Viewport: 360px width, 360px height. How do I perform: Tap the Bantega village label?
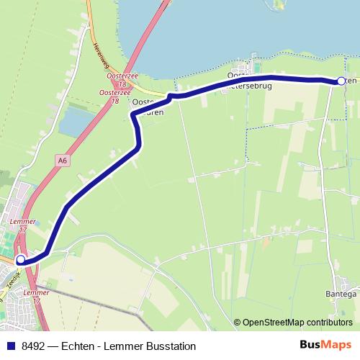tap(342, 294)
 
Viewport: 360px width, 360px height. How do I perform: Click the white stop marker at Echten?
tap(341, 81)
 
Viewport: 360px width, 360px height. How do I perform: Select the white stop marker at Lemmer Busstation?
tap(21, 259)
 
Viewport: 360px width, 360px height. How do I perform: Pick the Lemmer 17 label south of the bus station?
tap(37, 297)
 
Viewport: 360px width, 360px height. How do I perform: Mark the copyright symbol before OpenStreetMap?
tap(237, 323)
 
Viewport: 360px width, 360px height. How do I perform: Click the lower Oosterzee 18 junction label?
tap(114, 97)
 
